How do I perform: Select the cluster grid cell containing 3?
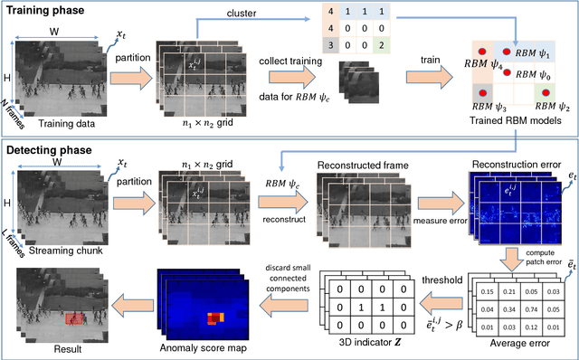308,43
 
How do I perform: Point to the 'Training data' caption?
62,122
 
